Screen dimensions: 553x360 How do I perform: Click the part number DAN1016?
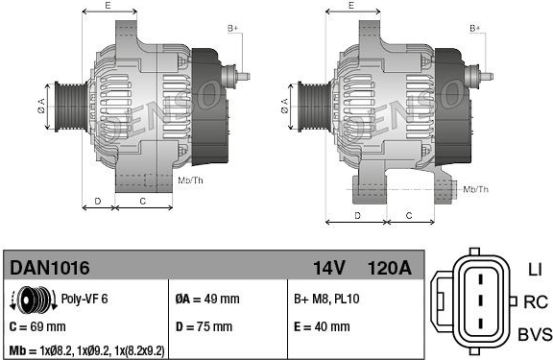(x=49, y=268)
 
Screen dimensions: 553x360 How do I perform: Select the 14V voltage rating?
(x=328, y=268)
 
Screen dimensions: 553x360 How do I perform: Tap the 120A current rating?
(x=390, y=268)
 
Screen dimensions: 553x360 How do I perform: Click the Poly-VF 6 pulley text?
(x=84, y=299)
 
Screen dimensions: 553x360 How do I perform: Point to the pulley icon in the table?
(x=34, y=300)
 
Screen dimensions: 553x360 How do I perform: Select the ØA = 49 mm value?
(x=207, y=299)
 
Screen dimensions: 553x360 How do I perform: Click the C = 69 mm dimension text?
(x=37, y=326)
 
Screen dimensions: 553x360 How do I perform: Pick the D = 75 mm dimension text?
(x=204, y=326)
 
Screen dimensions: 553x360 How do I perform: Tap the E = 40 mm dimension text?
(x=322, y=326)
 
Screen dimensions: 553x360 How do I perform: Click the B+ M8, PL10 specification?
(x=326, y=299)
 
